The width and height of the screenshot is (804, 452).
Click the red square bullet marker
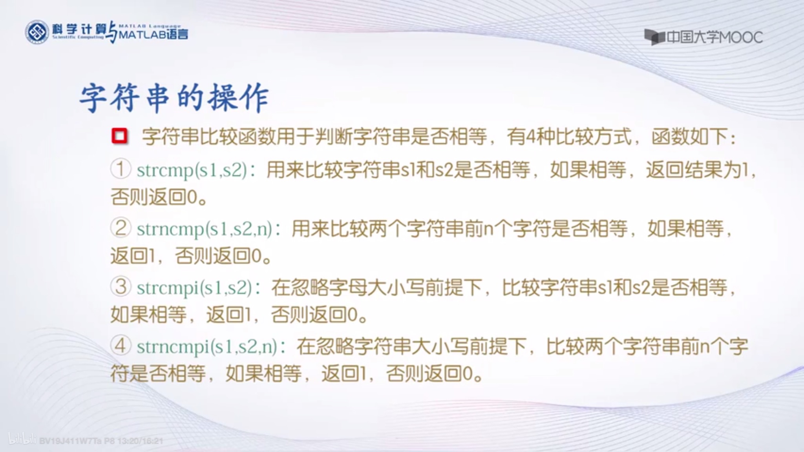119,136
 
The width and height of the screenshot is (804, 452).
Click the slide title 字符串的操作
174,98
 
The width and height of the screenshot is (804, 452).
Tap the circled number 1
121,169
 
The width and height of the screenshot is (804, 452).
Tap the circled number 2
121,228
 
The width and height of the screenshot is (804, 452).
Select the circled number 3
121,287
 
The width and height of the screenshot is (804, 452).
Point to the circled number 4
121,346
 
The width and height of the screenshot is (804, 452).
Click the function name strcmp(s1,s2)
192,170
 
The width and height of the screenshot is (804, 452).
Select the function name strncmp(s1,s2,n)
205,229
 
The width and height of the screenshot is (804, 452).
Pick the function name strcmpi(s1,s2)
194,288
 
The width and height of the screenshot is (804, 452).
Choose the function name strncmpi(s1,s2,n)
207,346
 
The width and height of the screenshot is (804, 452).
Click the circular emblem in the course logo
37,32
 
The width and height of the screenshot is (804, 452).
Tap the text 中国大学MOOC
714,38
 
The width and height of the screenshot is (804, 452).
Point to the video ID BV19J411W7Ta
71,441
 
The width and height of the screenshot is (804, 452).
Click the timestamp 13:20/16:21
140,441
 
